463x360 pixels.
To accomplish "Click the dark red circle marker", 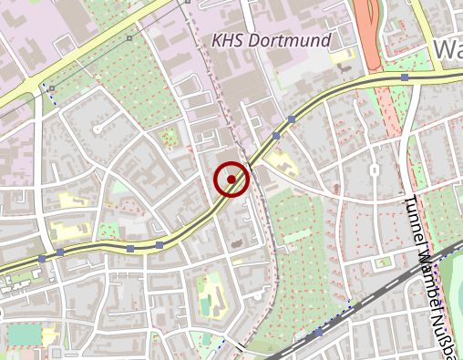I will point(232,180).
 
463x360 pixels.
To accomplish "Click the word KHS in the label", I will point(228,41).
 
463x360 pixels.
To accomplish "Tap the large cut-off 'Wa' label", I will point(448,50).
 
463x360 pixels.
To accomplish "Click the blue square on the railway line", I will point(318,334).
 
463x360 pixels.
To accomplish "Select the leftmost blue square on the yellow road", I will point(42,259).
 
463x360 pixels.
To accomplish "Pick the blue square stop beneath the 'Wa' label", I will point(404,78).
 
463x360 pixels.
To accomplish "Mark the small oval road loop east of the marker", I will point(374,171).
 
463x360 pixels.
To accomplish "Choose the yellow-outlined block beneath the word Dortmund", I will point(344,57).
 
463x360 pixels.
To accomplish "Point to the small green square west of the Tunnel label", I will point(384,262).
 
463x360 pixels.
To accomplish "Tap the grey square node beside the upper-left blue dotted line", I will point(53,88).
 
